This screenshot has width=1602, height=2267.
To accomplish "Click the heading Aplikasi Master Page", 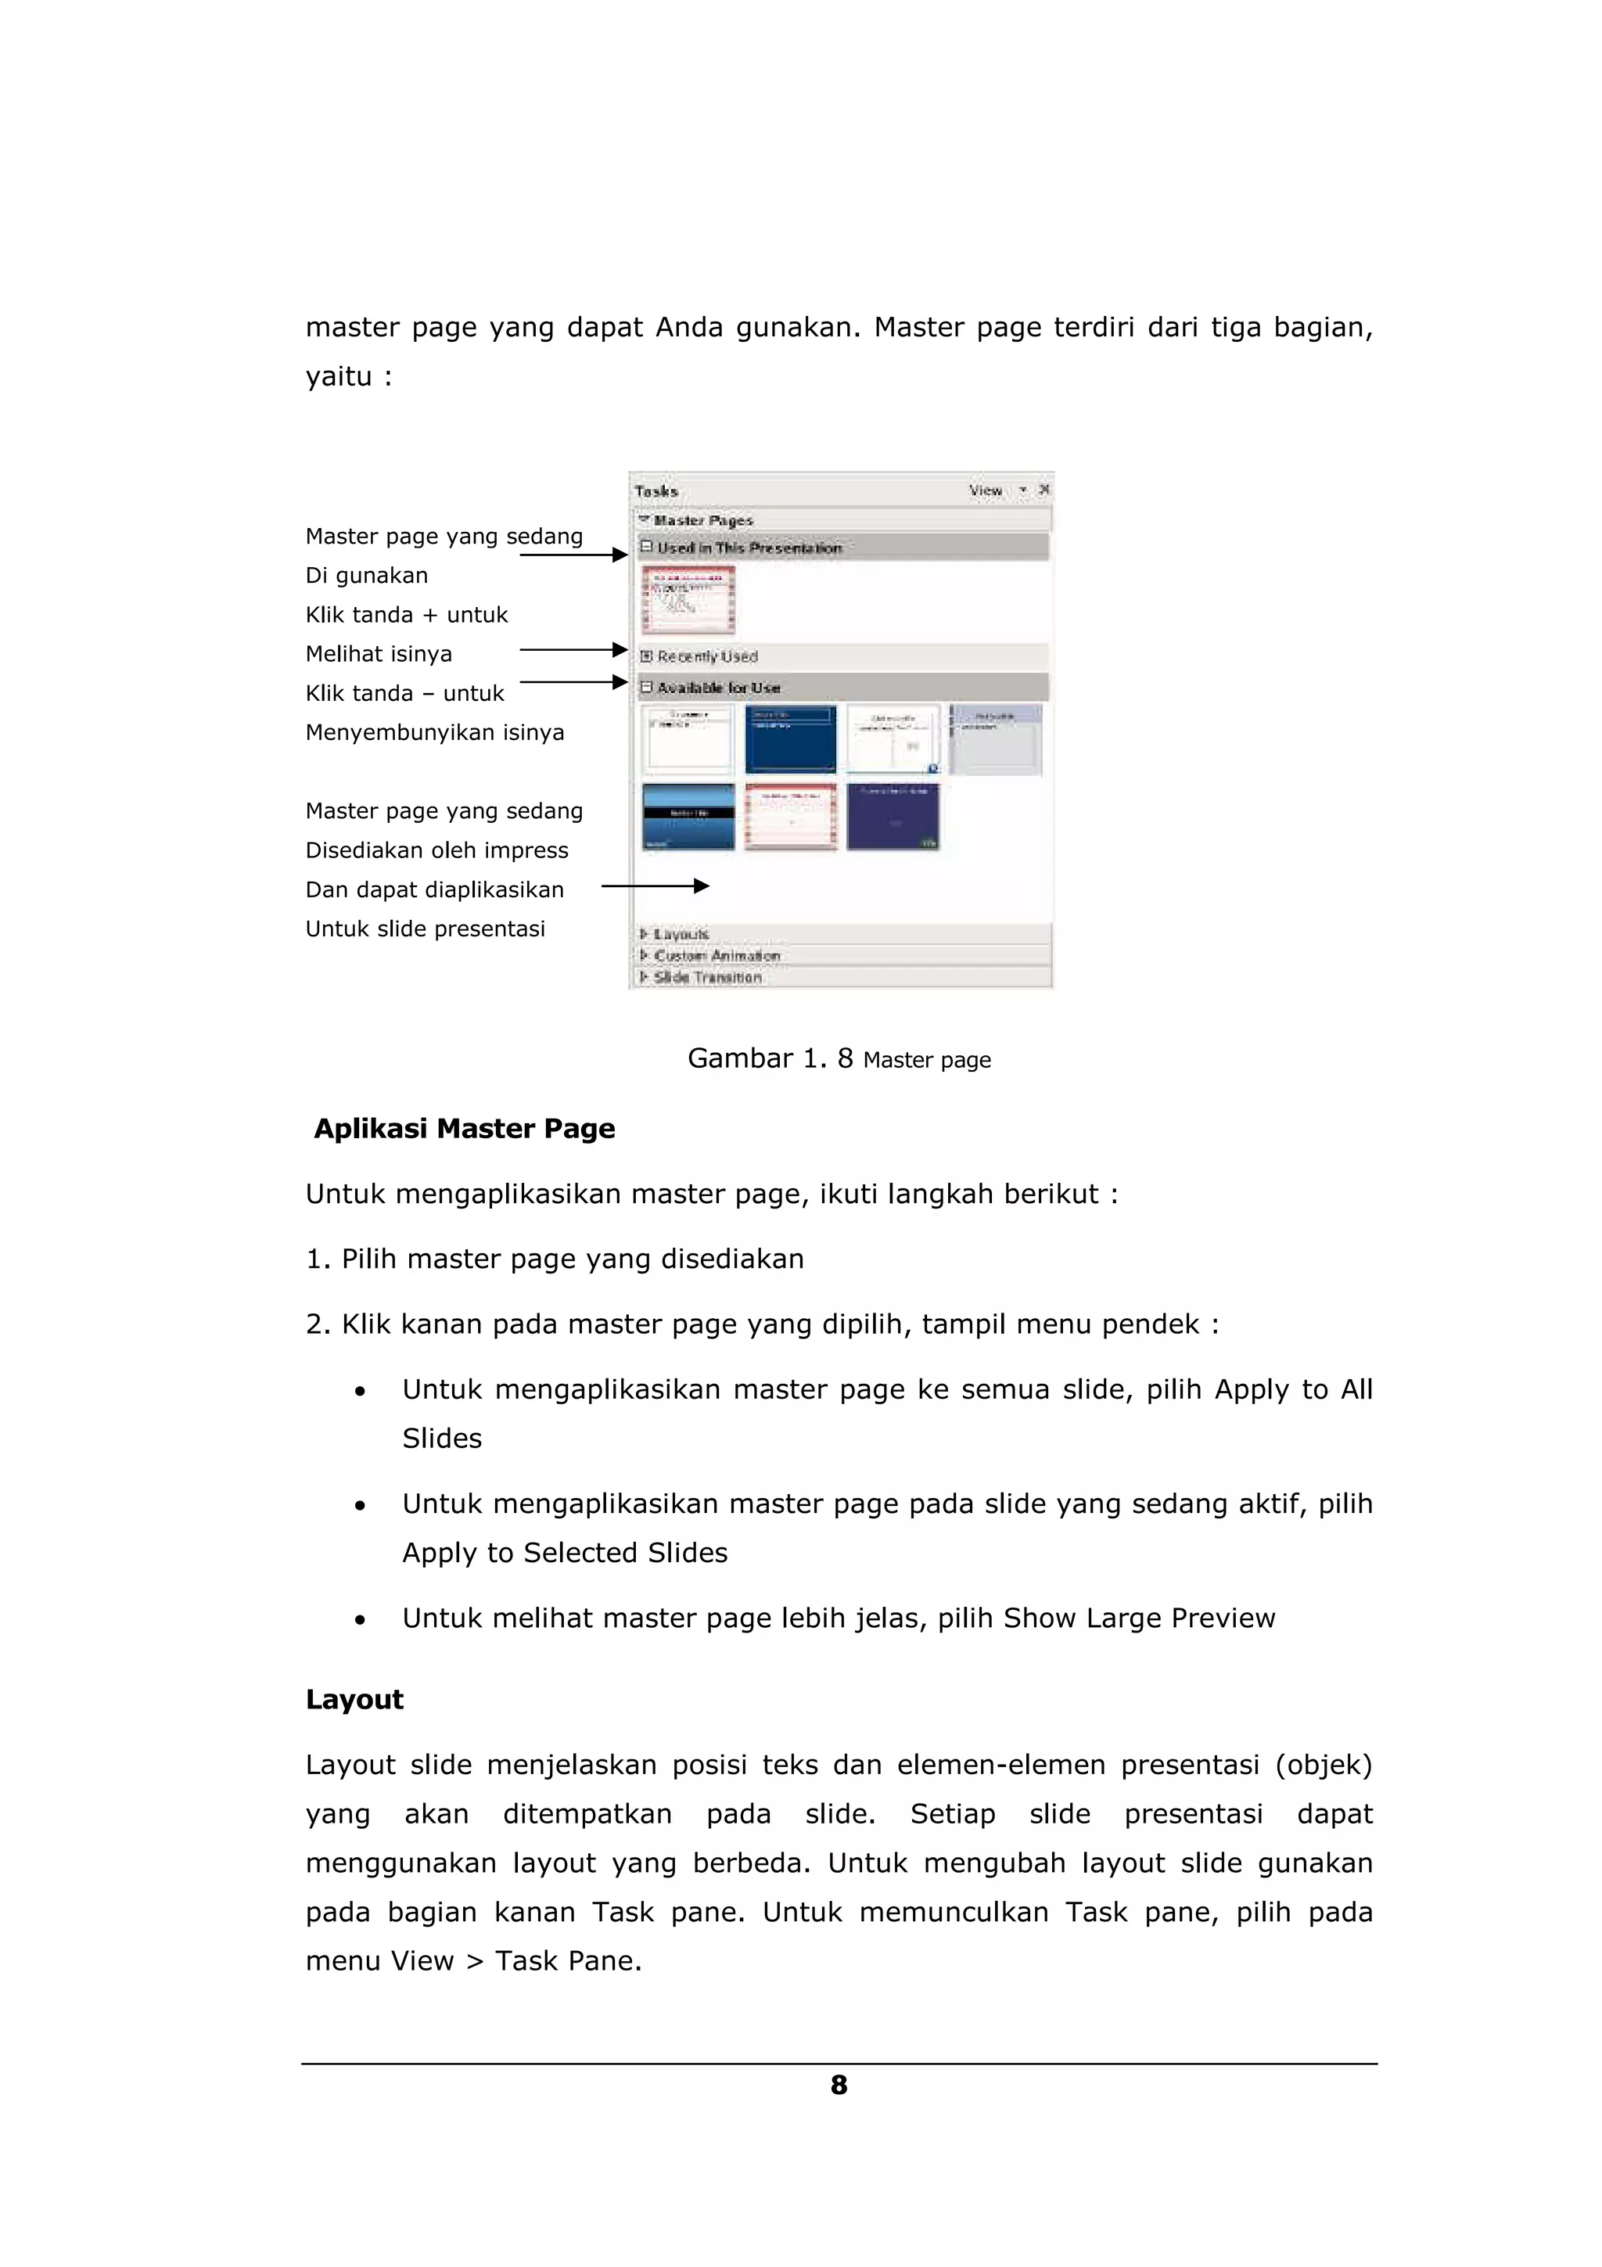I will point(464,1129).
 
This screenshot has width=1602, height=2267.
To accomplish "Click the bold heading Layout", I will point(354,1699).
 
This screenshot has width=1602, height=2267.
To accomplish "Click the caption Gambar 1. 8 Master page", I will point(839,1059).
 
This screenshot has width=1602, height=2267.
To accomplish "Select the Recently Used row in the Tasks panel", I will point(706,656).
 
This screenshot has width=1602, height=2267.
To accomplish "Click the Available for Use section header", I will point(719,687).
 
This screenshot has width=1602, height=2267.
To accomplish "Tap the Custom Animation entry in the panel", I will point(717,956).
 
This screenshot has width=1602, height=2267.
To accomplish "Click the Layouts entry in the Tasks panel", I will point(681,934).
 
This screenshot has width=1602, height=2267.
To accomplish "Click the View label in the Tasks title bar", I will point(985,490).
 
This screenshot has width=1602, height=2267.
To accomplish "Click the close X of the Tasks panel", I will point(1044,490).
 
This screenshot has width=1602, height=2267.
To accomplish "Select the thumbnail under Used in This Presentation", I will point(688,599).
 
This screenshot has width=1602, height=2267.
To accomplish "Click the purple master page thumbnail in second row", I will point(893,817).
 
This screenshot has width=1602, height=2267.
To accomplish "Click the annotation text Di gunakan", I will point(366,576).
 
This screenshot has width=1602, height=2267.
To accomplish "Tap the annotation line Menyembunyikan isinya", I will point(434,733).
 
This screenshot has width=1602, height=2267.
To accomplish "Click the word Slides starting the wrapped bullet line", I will point(441,1439).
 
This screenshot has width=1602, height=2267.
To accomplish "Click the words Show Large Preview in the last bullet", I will point(1138,1619).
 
